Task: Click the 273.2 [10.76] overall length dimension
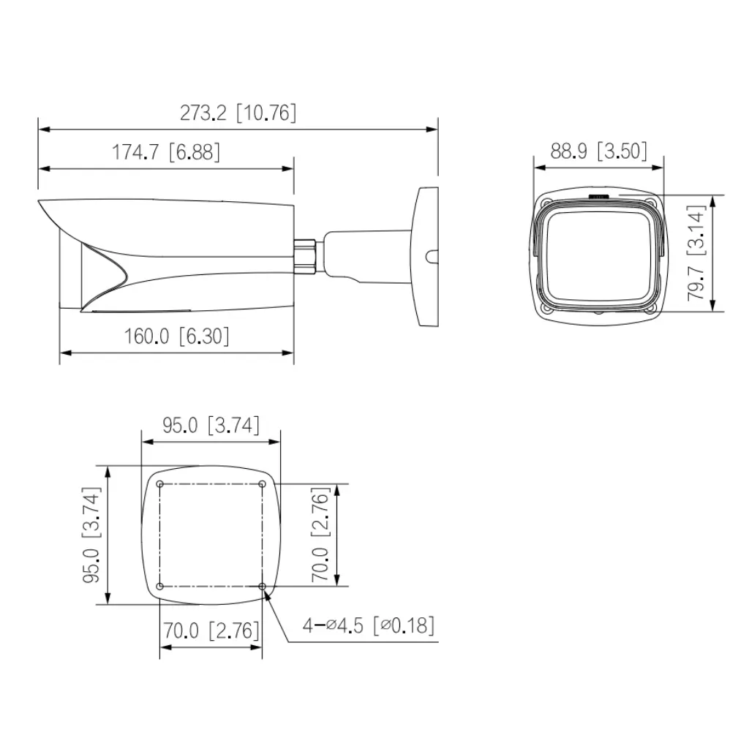[238, 113]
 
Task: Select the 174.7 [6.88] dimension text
[165, 152]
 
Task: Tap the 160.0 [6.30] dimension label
[176, 336]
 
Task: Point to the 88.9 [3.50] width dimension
[599, 151]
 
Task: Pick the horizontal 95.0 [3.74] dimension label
[211, 426]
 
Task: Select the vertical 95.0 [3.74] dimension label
[91, 535]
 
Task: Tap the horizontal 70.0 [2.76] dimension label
[211, 630]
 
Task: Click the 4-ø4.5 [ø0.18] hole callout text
[369, 625]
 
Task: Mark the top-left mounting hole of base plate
[159, 483]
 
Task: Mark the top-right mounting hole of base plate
[263, 483]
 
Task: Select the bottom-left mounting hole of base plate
[159, 586]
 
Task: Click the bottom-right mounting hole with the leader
[263, 586]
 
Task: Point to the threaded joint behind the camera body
[305, 253]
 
